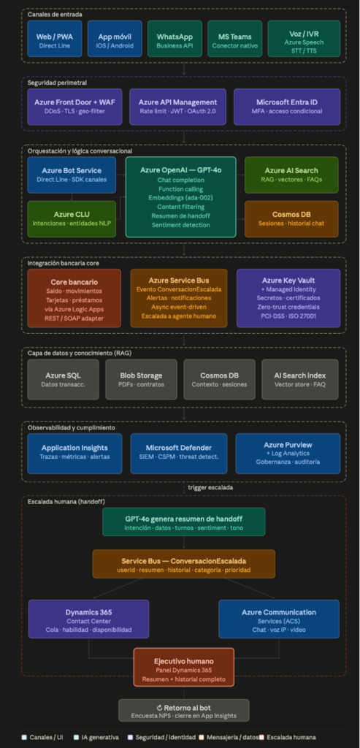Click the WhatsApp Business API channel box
pos(175,39)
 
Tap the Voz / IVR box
pos(304,39)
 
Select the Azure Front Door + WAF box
pos(74,107)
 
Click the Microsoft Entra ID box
pos(286,107)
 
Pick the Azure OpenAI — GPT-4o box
pos(180,196)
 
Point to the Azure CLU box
pos(72,219)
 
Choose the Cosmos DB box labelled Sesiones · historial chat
pos(291,219)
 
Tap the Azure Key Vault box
pos(288,298)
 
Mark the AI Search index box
pos(300,379)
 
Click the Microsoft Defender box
pos(179,453)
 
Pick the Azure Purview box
pos(288,453)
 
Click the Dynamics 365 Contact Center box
pos(88,619)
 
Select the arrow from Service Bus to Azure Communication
pos(250,588)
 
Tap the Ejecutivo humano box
pos(183,667)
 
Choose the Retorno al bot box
pos(183,710)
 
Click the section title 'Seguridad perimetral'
pos(50,83)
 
